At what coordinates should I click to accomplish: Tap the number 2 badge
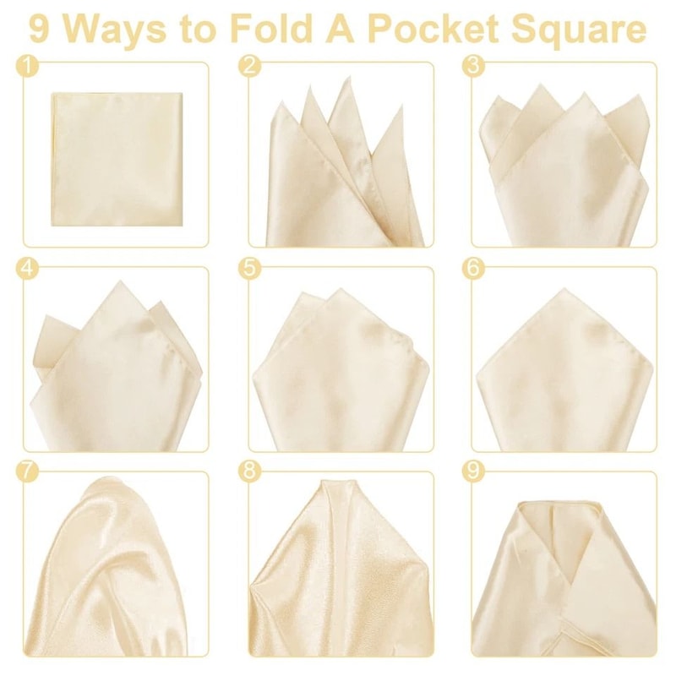click(248, 65)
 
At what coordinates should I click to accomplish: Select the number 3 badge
click(473, 65)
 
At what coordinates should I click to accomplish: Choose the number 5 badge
click(248, 268)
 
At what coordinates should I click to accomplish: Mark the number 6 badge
click(473, 268)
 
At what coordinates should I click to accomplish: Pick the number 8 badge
click(248, 472)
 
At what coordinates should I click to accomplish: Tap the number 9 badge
click(473, 472)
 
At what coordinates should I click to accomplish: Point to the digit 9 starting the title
click(39, 30)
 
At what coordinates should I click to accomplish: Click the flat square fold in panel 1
click(117, 159)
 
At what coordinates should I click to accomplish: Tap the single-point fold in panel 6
click(564, 372)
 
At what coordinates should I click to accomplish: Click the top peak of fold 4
click(117, 285)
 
